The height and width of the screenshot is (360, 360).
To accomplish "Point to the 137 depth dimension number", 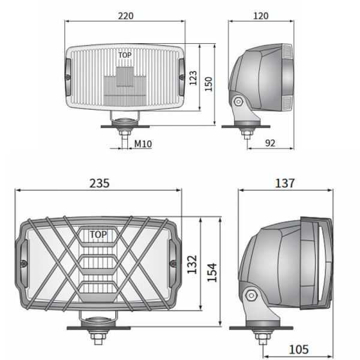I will tap(286, 184).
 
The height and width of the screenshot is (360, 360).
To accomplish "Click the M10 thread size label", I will tap(142, 143).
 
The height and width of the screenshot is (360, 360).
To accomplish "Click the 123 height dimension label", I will tap(193, 77).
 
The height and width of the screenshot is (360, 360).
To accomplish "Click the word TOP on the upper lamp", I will tap(124, 55).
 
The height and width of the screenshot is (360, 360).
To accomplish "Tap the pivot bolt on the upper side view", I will tap(239, 101).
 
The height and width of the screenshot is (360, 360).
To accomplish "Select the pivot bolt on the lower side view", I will tap(250, 294).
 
